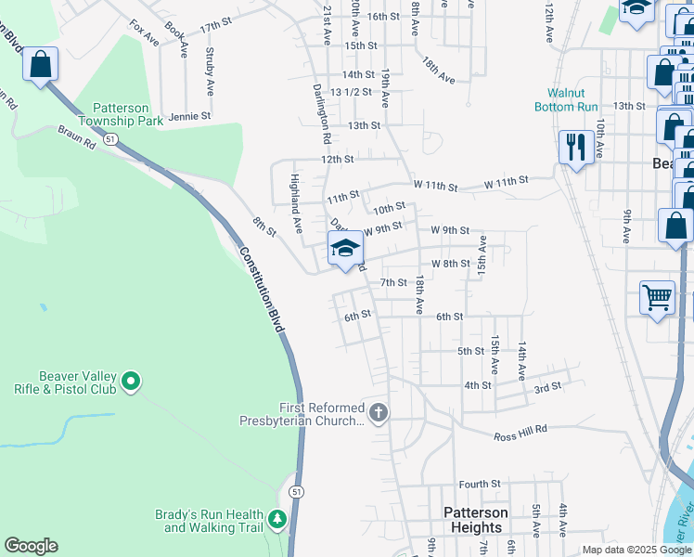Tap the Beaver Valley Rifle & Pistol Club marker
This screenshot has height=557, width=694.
131,381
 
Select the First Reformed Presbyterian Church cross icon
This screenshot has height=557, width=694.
378,411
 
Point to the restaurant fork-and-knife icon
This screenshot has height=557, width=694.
576,147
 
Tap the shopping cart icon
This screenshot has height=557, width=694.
657,297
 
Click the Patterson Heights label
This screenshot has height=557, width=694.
475,520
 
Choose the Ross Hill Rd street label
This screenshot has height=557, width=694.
520,434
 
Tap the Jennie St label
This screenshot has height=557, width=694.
189,117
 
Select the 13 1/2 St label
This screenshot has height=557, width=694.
352,92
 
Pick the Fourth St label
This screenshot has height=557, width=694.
479,484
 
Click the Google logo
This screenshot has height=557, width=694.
31,546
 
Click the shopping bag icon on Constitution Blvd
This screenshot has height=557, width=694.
41,65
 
